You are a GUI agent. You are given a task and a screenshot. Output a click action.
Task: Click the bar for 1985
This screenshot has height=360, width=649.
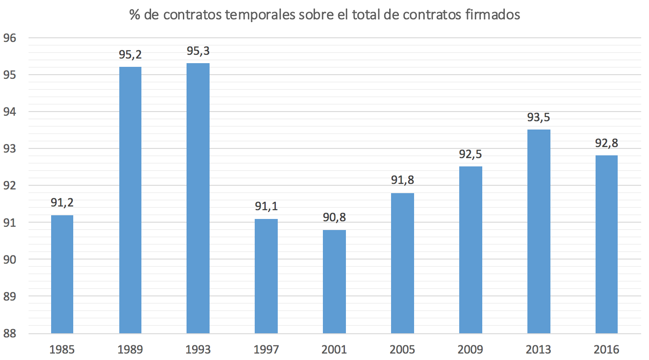click(62, 274)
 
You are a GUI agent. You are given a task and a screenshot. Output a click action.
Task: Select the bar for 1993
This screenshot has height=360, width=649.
click(198, 198)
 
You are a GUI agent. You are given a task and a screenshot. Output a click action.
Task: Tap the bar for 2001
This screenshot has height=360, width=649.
click(334, 281)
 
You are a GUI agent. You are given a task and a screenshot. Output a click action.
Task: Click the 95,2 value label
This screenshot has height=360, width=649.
click(130, 55)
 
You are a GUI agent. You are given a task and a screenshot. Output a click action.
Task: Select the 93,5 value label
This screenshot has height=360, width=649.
click(538, 118)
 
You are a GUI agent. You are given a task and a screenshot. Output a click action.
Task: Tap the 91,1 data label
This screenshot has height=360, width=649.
click(266, 207)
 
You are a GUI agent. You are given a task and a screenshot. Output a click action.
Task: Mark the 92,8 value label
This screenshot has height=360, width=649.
click(607, 143)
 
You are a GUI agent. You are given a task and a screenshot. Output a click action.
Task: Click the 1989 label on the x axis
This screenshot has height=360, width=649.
click(130, 349)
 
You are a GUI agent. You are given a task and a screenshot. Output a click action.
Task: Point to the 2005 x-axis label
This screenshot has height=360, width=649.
click(403, 349)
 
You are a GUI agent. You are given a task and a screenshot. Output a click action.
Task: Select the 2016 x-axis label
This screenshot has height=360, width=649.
click(607, 349)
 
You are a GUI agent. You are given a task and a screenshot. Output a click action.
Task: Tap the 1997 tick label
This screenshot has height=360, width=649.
click(266, 349)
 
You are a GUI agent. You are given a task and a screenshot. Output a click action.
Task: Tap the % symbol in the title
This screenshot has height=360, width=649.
click(134, 15)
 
